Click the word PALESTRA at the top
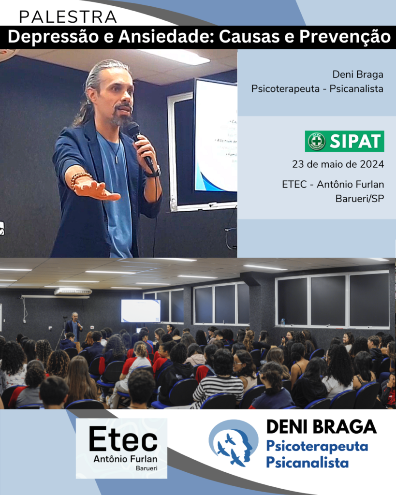(68, 17)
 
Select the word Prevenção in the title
(345, 37)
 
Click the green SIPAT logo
(345, 141)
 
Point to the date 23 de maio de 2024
(338, 164)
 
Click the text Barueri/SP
(360, 199)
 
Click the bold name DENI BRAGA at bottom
(322, 427)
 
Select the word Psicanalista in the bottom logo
(307, 463)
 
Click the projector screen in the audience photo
(141, 311)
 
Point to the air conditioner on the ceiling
(73, 291)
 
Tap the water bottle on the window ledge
(283, 322)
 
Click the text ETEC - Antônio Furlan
(333, 184)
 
